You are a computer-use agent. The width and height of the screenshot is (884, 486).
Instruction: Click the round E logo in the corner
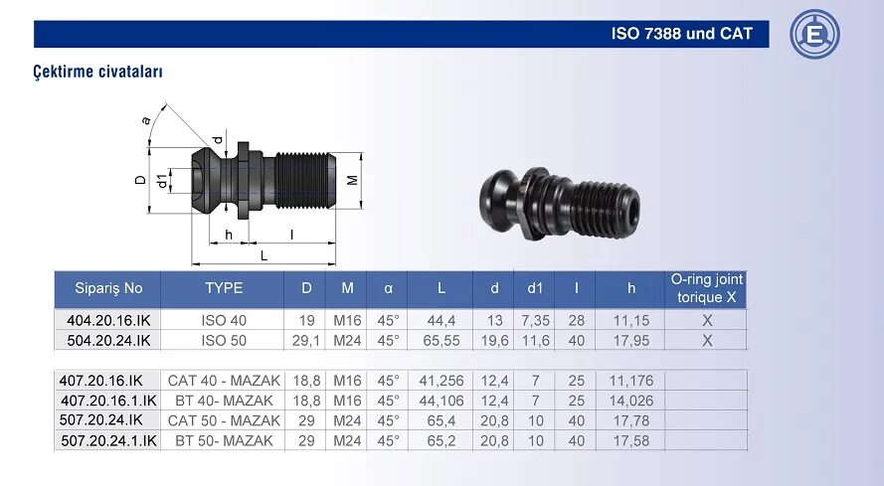(x=814, y=34)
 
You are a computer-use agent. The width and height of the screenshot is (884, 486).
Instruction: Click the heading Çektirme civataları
(x=98, y=72)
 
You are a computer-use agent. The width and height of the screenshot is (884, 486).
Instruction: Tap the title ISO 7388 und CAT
(x=681, y=34)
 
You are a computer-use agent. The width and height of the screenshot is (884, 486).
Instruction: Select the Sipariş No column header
(x=108, y=288)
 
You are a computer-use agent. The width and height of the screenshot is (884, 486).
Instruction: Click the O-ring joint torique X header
(x=706, y=288)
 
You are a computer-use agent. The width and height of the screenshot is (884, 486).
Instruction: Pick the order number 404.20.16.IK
(x=108, y=320)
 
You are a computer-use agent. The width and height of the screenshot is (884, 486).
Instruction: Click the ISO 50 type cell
(x=224, y=341)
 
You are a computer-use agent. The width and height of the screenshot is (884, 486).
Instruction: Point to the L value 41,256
(x=441, y=381)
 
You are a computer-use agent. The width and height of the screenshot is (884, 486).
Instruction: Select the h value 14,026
(x=631, y=401)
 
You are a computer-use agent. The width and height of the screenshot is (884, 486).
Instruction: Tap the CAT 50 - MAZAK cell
(x=224, y=420)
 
